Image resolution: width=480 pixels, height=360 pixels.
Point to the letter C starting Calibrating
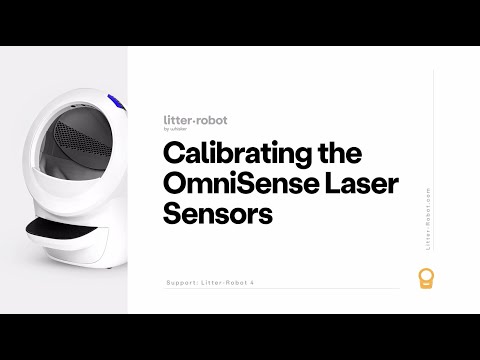(x=172, y=157)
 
